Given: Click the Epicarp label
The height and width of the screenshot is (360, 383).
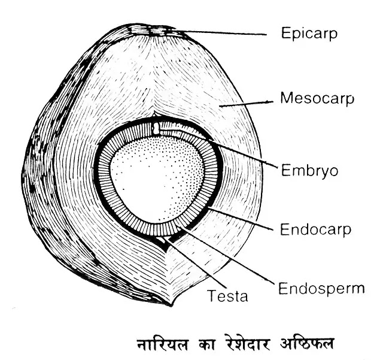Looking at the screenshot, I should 309,33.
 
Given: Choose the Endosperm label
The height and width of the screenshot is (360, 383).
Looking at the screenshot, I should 321,288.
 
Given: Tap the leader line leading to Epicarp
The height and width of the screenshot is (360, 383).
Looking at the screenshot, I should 227,32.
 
